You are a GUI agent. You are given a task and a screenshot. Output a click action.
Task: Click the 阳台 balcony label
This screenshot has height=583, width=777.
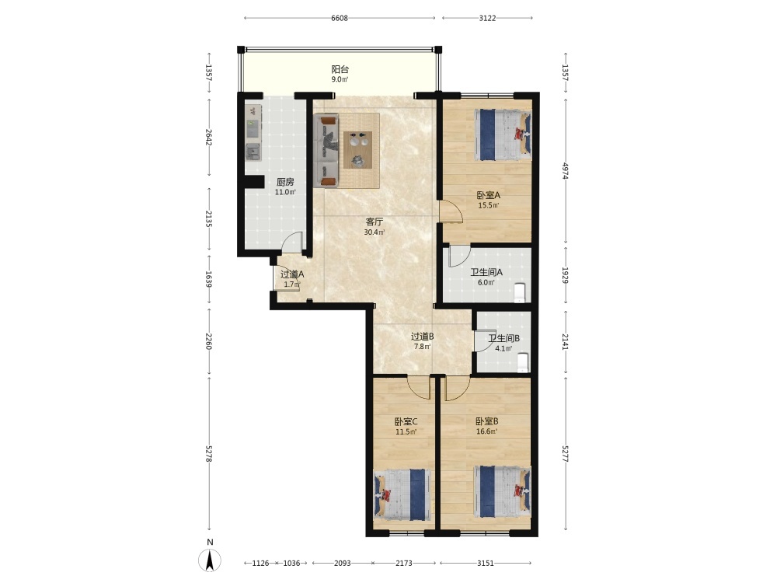[x=340, y=69]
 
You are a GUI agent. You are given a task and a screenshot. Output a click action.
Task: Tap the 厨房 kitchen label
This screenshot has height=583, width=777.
[x=285, y=182]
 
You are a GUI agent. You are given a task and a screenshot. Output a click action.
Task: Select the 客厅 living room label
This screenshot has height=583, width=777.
[x=375, y=222]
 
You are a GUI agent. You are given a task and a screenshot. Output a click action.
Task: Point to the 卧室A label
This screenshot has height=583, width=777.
[x=489, y=195]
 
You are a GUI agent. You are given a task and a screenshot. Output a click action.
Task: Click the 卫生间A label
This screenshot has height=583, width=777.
[x=486, y=272]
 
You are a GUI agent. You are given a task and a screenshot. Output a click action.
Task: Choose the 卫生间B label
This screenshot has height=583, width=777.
[x=504, y=339]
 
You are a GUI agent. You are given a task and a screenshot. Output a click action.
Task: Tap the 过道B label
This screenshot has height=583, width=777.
[x=423, y=337]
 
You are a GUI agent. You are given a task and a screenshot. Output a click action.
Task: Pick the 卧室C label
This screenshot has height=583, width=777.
[x=406, y=422]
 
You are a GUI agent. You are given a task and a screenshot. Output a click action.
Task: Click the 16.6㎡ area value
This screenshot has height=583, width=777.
[x=486, y=431]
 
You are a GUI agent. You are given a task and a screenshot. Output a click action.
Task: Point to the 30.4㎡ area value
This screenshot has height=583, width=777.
[x=375, y=232]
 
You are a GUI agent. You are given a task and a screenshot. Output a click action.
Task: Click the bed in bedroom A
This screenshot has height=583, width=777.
[x=503, y=134]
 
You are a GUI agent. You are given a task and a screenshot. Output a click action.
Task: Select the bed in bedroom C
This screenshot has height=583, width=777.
[x=402, y=494]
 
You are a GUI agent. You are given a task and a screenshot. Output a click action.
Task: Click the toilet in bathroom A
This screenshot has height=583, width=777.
[x=520, y=292]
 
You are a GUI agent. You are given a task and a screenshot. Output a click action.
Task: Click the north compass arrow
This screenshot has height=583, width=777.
[x=210, y=561]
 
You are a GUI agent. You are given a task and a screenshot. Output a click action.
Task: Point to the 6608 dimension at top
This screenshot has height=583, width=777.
[x=340, y=19]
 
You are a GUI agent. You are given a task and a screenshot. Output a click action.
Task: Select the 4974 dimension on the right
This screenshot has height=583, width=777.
[x=566, y=170]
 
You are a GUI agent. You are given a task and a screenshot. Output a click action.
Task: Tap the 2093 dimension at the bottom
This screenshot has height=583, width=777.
[x=343, y=563]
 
